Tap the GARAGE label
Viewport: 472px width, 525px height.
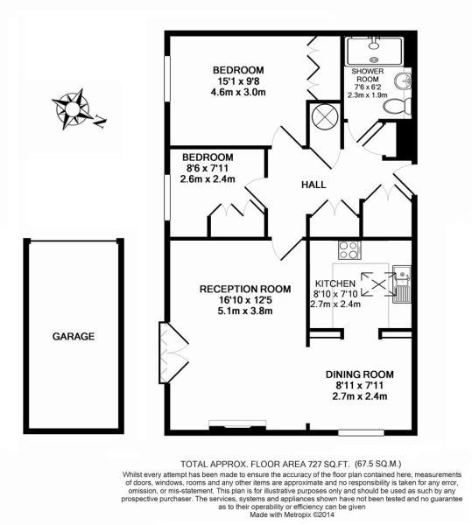click(73, 336)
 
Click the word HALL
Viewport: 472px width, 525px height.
click(313, 185)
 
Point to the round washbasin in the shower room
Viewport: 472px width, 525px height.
click(404, 82)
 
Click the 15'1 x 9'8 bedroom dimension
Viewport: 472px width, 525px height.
click(238, 83)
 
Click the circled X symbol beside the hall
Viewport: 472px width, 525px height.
click(323, 115)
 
